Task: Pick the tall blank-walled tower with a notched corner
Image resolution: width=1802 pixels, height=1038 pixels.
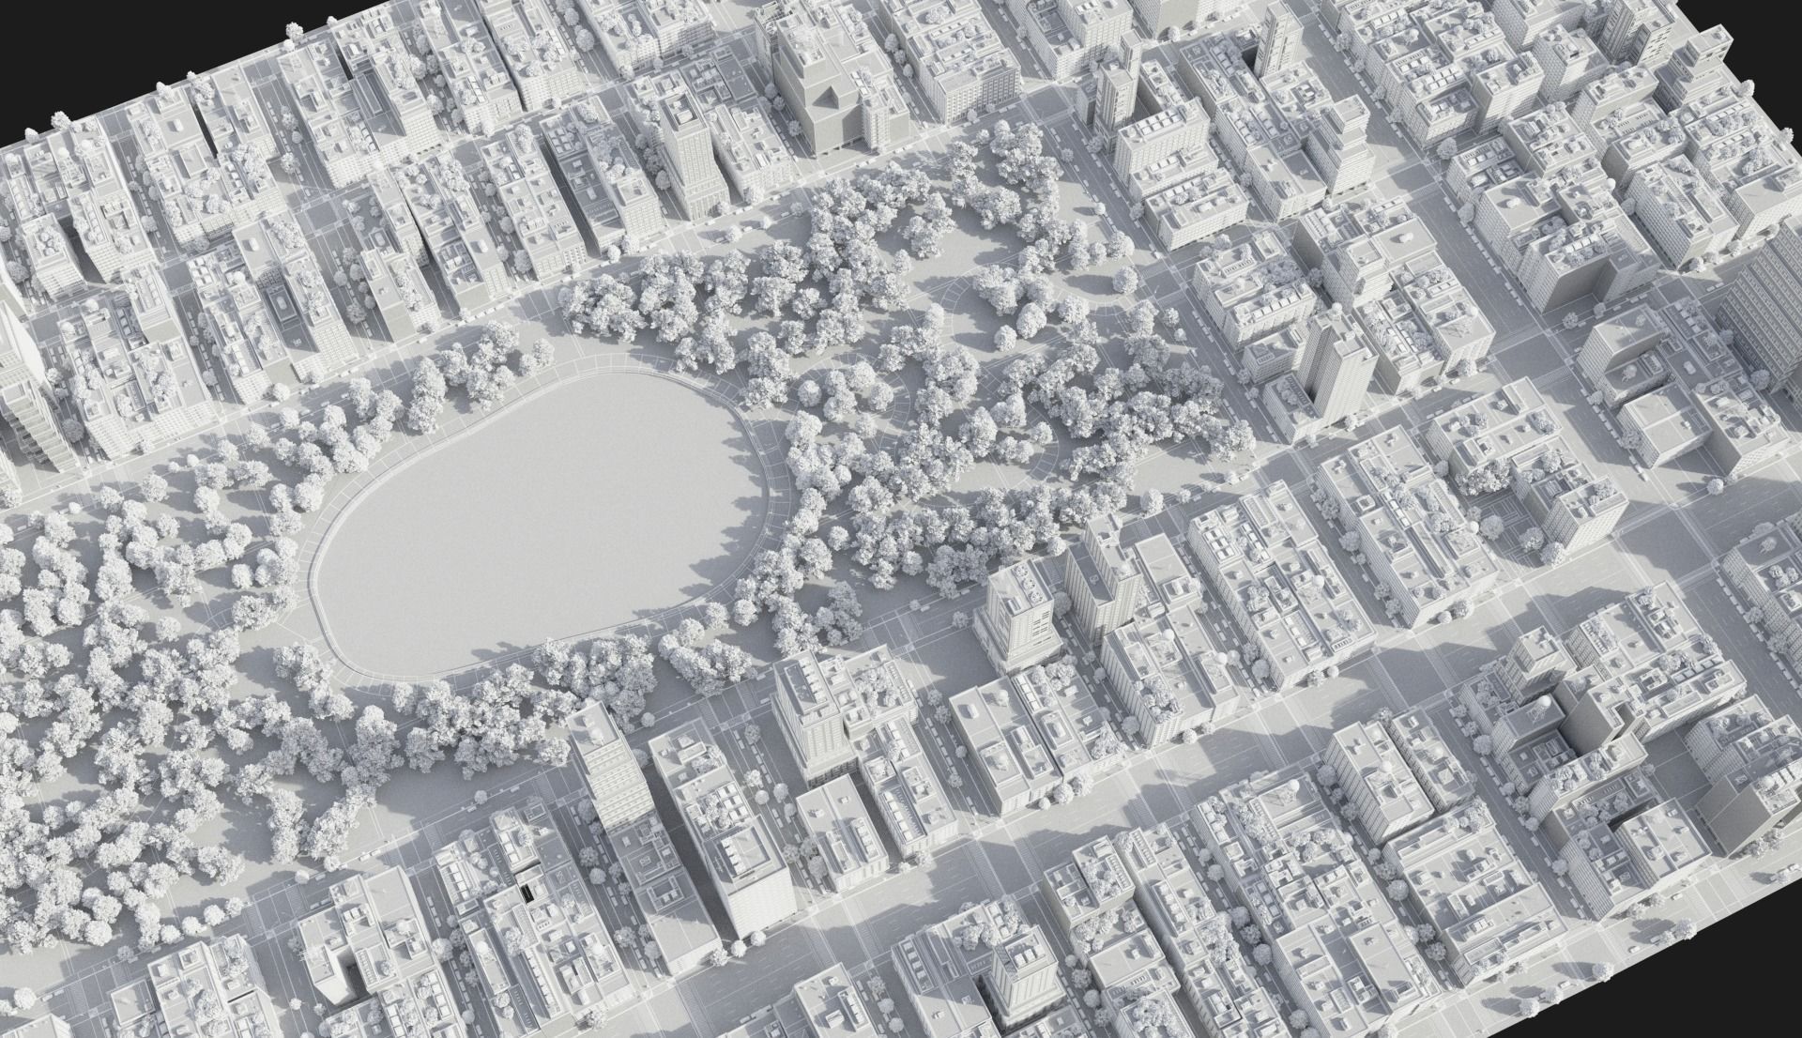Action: coord(1596,751)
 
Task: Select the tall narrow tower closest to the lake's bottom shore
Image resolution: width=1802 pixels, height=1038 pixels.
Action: coord(601,770)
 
